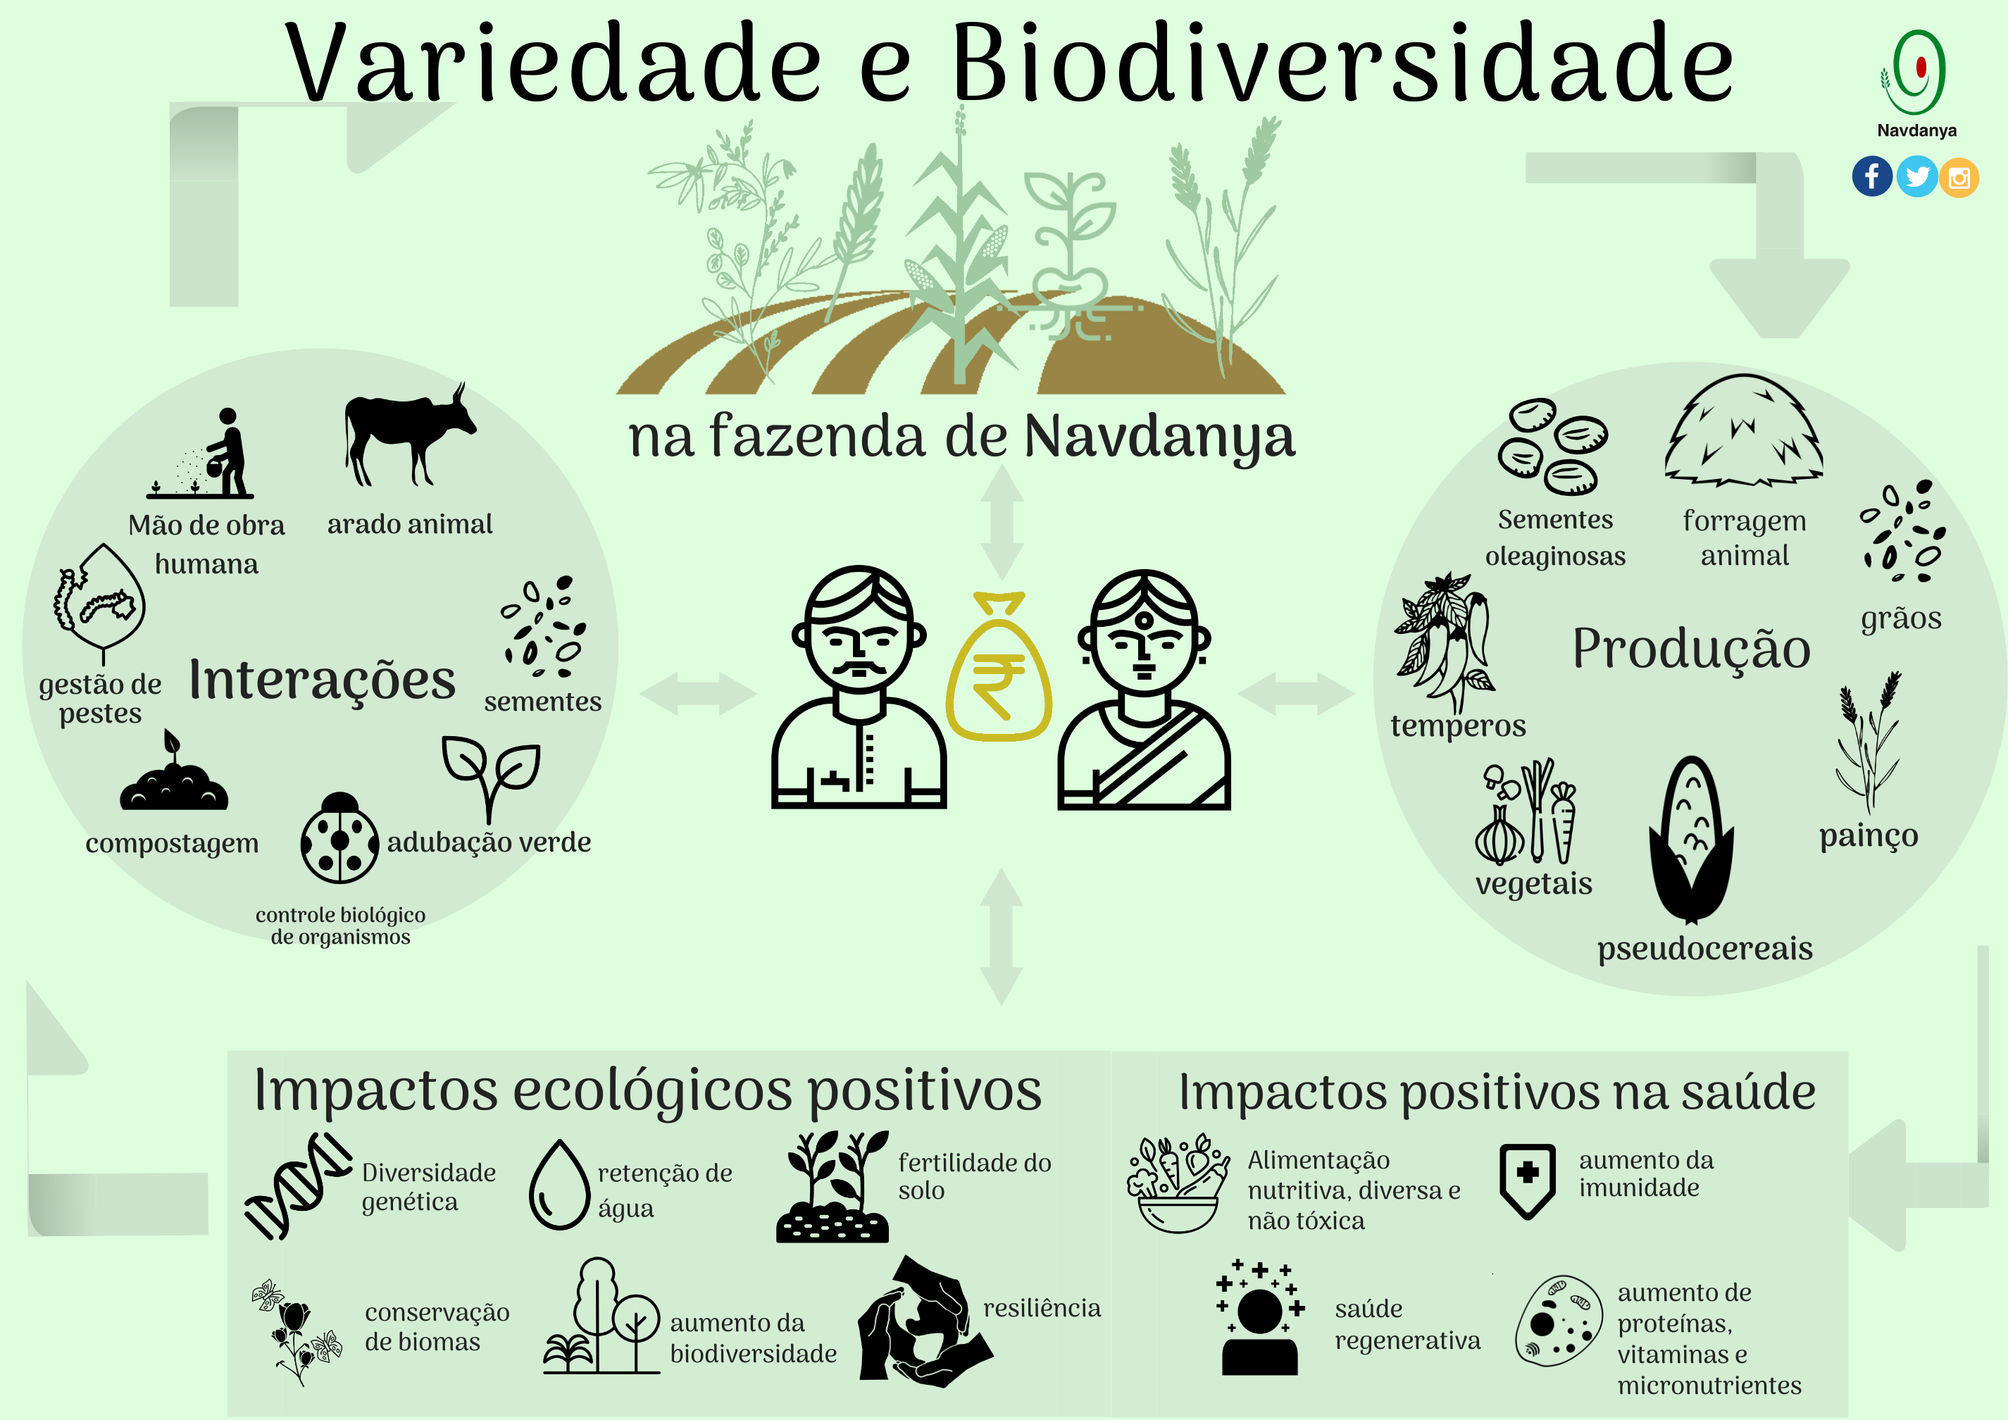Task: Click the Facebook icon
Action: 1871,177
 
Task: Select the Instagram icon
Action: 1959,177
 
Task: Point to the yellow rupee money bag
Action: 999,666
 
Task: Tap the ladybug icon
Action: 339,837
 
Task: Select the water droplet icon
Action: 560,1185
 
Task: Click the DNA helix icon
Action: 297,1185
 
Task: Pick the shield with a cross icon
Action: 1527,1181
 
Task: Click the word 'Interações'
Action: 322,680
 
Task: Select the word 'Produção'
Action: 1691,649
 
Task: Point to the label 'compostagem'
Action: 173,844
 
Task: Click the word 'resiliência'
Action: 1042,1308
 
